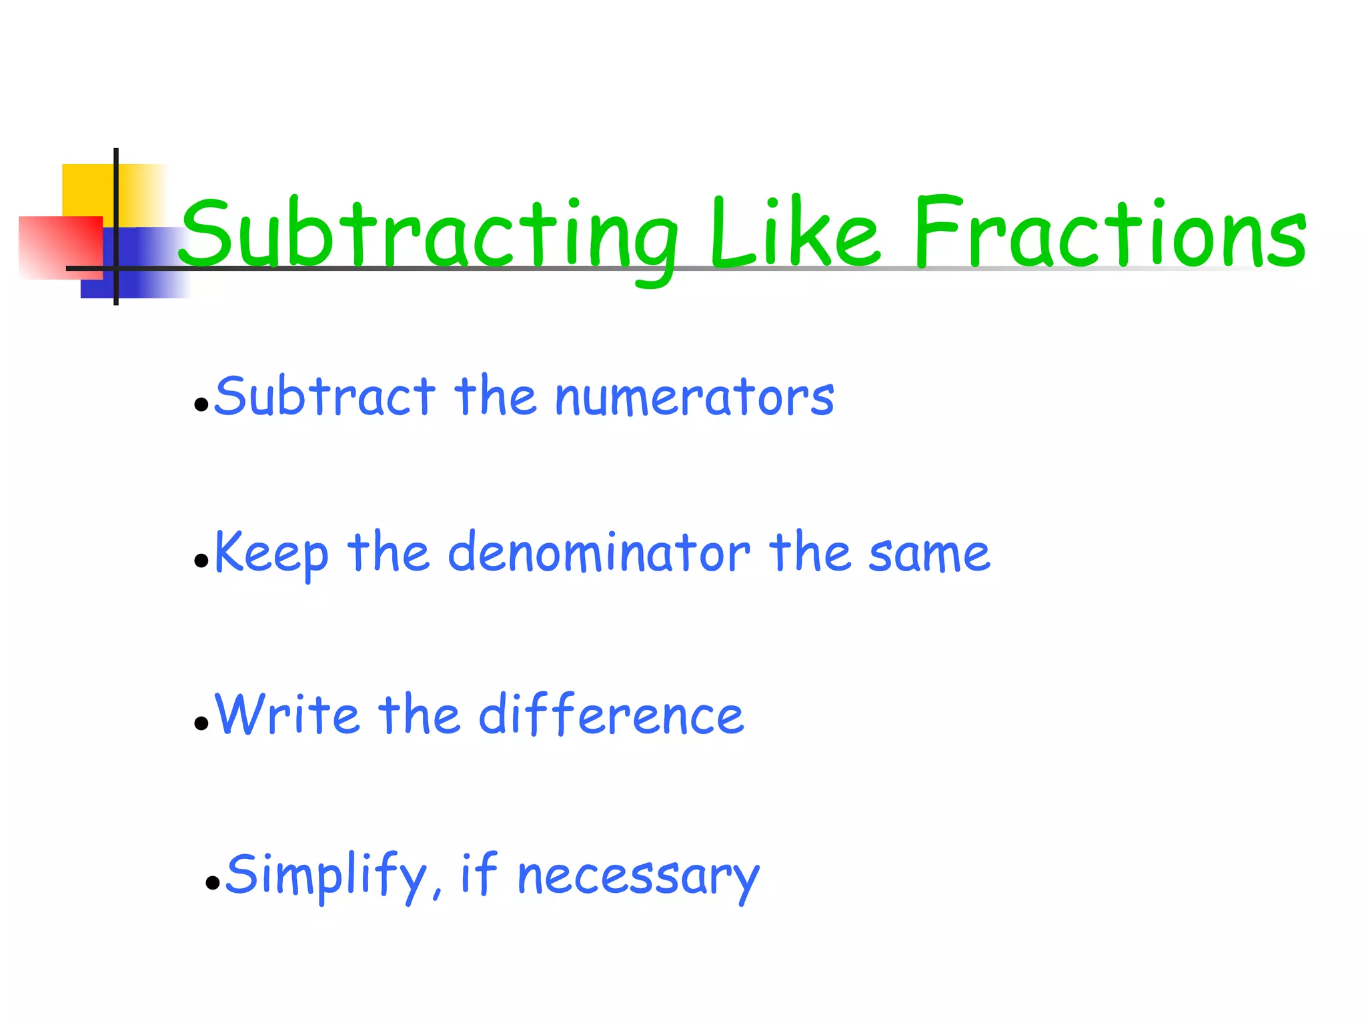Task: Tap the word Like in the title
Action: coord(794,234)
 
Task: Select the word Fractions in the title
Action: coord(1108,234)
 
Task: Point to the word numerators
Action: coord(694,398)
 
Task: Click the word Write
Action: coord(287,715)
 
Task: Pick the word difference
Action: coord(611,715)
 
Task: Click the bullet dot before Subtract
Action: coord(201,404)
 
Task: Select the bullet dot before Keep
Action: coord(201,561)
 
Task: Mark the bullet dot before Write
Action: coord(201,723)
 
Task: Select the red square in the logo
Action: coord(53,247)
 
